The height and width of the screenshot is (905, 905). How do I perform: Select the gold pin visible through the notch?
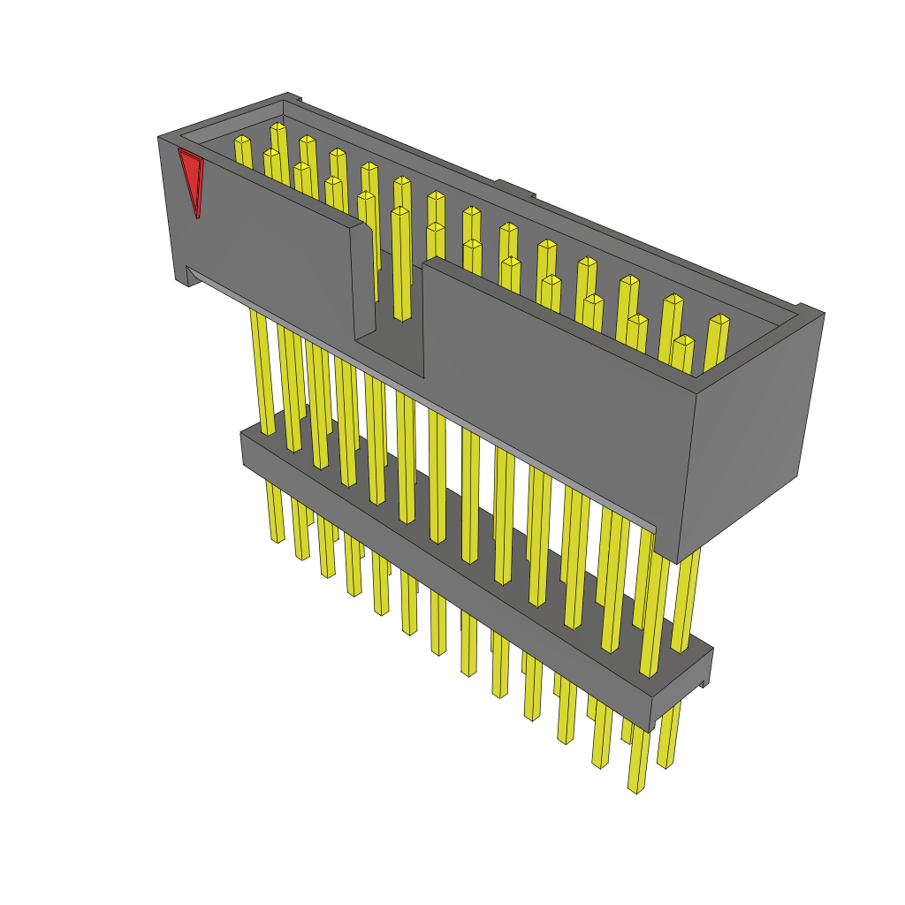click(400, 265)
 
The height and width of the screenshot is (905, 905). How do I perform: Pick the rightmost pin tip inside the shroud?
click(719, 321)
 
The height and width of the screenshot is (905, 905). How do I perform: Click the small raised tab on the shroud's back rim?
click(514, 187)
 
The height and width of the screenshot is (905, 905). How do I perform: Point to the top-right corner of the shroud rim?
click(810, 310)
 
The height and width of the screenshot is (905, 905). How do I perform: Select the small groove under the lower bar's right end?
click(703, 683)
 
